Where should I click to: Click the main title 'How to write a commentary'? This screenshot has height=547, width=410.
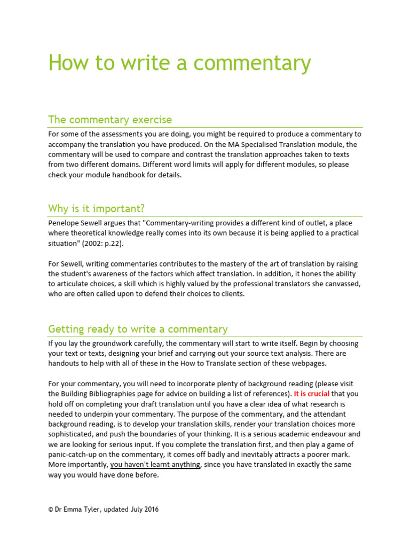[179, 62]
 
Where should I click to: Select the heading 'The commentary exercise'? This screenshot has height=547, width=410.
[110, 119]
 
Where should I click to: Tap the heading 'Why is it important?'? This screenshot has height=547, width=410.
[97, 208]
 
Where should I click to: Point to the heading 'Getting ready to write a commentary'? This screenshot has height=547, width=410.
[138, 329]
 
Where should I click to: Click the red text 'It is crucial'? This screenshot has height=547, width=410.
[312, 394]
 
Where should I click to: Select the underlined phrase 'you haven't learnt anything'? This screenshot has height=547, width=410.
[155, 465]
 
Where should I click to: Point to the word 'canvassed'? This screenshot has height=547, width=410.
[342, 284]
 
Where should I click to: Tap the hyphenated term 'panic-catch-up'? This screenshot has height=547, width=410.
[72, 455]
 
